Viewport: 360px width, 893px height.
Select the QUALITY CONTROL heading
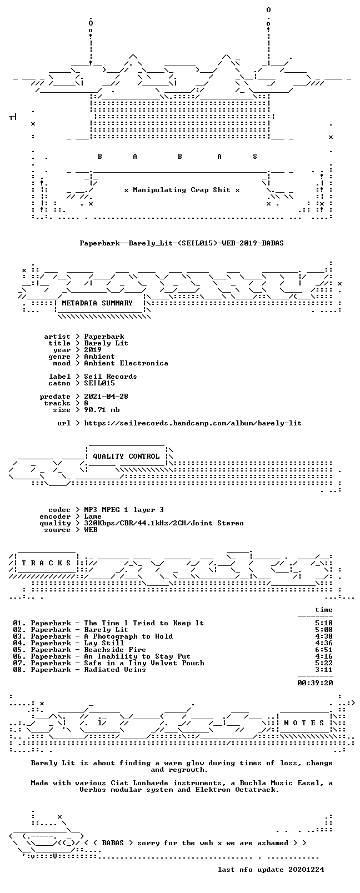click(126, 456)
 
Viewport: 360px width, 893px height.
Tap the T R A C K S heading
click(46, 563)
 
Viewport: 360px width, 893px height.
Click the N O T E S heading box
click(304, 723)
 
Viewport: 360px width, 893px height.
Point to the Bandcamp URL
click(193, 423)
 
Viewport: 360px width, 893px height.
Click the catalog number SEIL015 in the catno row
click(99, 383)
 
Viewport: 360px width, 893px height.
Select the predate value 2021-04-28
click(106, 397)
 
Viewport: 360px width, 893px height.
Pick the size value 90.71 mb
click(102, 410)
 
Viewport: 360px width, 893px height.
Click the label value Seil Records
click(111, 377)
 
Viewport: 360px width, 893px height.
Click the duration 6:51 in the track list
click(324, 650)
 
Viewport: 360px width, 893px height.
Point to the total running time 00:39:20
click(315, 683)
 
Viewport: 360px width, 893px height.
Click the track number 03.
click(18, 636)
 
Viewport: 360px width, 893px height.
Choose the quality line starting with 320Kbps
click(164, 524)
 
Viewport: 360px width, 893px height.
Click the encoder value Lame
click(92, 516)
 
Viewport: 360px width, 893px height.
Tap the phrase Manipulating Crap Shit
click(182, 190)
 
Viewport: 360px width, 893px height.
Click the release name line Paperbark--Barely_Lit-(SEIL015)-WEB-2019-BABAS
click(182, 243)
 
